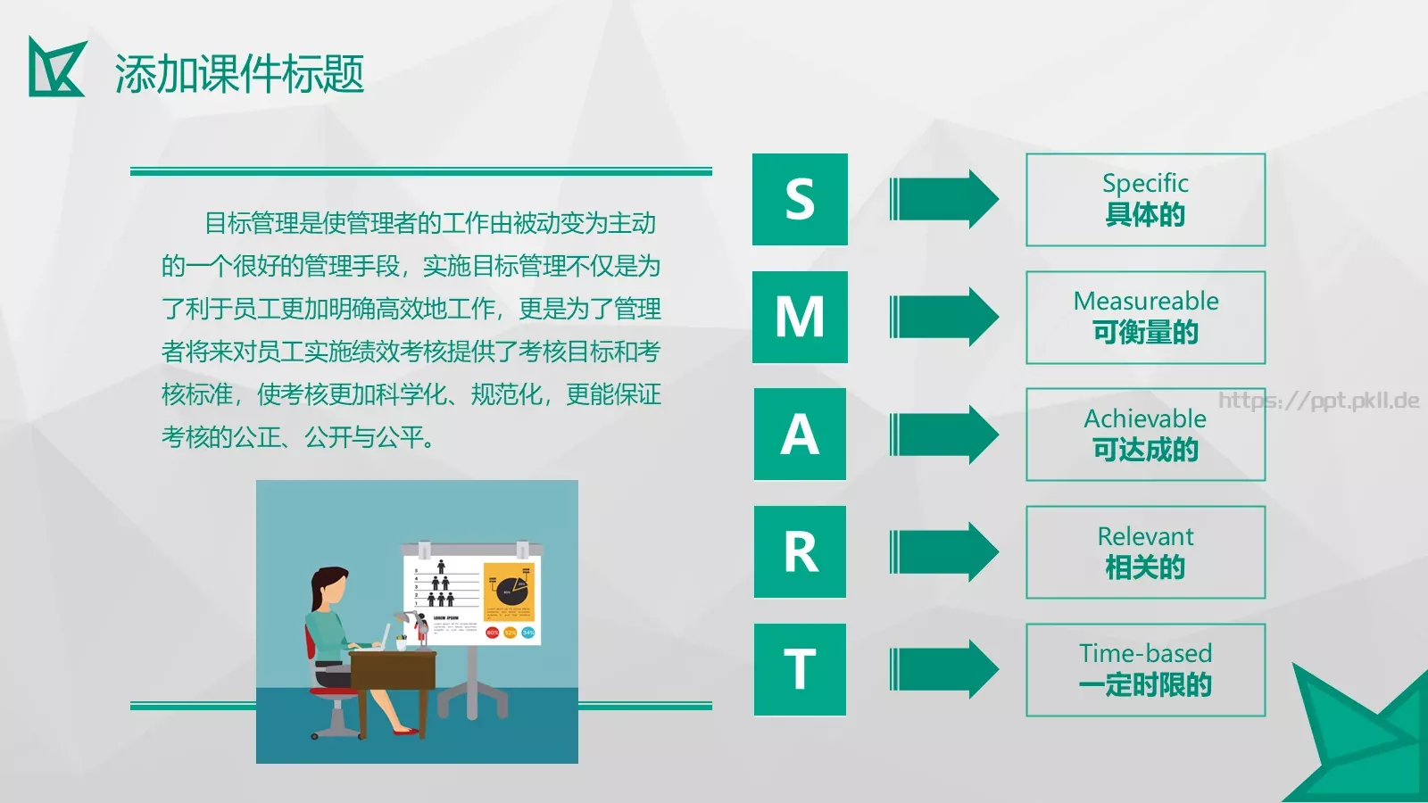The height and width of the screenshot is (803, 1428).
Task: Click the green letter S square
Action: [x=800, y=199]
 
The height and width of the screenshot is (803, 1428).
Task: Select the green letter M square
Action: [x=800, y=317]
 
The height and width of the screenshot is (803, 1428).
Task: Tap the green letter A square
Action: [x=800, y=435]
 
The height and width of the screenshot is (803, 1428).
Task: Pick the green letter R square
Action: [x=800, y=552]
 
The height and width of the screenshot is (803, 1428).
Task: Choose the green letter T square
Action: [x=800, y=669]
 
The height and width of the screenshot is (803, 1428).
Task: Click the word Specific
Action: [x=1145, y=184]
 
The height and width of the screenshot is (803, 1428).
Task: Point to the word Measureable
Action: [x=1145, y=301]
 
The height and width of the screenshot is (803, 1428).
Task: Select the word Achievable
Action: [x=1145, y=418]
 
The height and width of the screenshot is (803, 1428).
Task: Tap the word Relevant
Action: [x=1145, y=536]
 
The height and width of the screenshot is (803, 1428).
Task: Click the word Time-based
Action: [x=1145, y=653]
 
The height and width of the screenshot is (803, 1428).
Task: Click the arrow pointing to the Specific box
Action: [x=944, y=199]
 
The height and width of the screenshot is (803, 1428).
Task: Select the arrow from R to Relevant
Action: [x=944, y=552]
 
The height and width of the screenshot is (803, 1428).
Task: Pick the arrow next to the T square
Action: [x=944, y=669]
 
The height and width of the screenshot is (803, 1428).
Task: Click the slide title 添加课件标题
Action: [x=239, y=73]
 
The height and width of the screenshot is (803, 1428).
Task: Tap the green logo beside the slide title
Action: [x=56, y=68]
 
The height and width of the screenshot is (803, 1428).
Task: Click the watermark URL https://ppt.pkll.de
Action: [x=1318, y=400]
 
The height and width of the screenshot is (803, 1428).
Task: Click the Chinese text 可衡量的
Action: [x=1145, y=333]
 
